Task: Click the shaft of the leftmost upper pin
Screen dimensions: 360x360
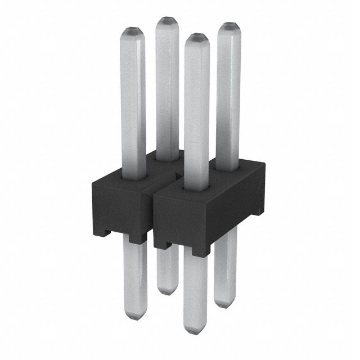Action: pos(133,101)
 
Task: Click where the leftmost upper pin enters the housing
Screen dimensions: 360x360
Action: pos(134,175)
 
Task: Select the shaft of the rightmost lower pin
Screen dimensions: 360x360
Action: pos(225,264)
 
